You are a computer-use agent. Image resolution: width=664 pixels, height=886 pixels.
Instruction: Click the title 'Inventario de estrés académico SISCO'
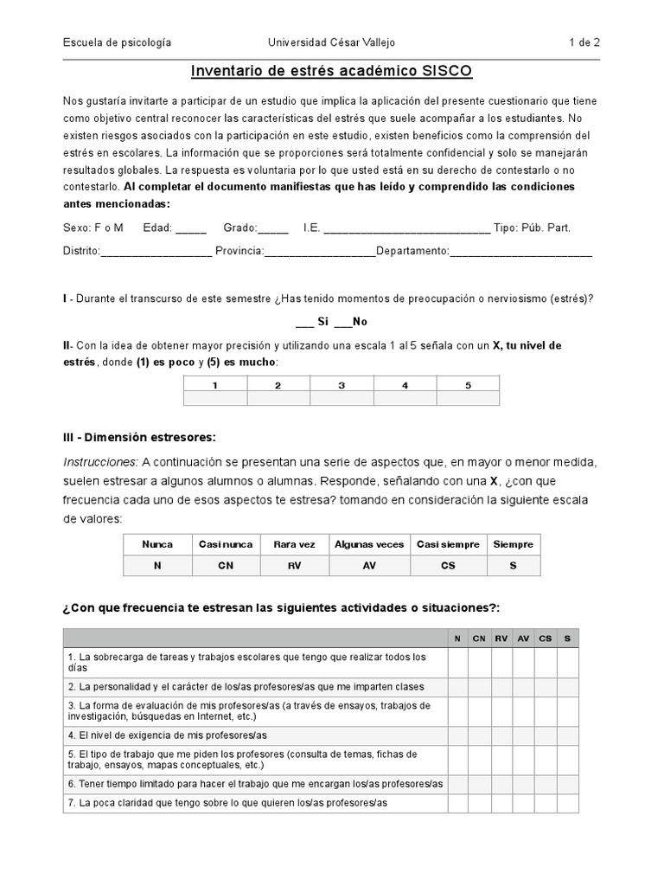point(331,70)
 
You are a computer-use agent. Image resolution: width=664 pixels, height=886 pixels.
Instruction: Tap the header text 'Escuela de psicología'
point(117,42)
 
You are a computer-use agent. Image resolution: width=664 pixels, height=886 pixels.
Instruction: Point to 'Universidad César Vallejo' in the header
point(331,42)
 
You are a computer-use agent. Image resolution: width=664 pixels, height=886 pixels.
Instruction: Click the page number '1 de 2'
point(584,42)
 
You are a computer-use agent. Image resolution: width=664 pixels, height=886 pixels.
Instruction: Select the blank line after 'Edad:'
point(190,229)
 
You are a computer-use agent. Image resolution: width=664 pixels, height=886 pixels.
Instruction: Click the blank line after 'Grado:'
point(273,229)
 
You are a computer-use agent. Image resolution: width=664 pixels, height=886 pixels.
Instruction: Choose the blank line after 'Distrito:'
point(156,252)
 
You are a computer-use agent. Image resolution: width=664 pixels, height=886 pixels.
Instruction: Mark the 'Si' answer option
point(304,321)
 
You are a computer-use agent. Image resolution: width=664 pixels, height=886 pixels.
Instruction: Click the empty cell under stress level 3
point(342,398)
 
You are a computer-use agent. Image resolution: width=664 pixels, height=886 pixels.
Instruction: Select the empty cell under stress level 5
point(468,398)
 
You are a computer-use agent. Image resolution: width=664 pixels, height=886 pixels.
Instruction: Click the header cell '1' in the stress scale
point(215,384)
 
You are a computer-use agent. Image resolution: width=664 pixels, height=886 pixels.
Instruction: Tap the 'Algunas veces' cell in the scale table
point(368,544)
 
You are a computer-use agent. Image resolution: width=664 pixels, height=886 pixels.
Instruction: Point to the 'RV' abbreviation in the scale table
point(294,566)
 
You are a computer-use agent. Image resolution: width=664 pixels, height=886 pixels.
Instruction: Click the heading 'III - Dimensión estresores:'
point(139,436)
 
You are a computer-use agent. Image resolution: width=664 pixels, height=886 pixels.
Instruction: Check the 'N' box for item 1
point(457,663)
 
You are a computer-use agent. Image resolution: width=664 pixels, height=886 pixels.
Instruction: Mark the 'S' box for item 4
point(567,735)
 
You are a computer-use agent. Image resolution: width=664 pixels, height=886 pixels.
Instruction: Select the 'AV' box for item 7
point(523,803)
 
